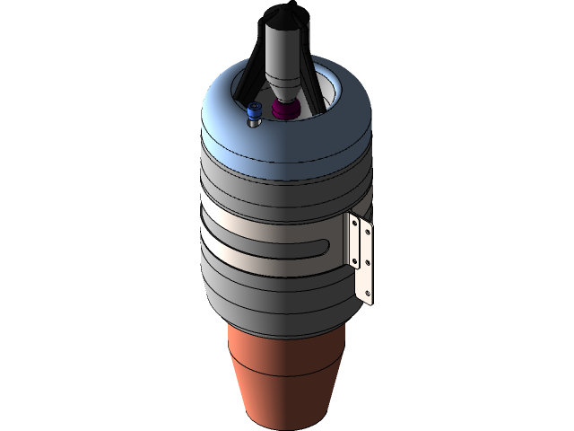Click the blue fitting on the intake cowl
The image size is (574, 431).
pyautogui.click(x=252, y=111)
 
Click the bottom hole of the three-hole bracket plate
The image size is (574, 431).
pyautogui.click(x=368, y=293)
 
